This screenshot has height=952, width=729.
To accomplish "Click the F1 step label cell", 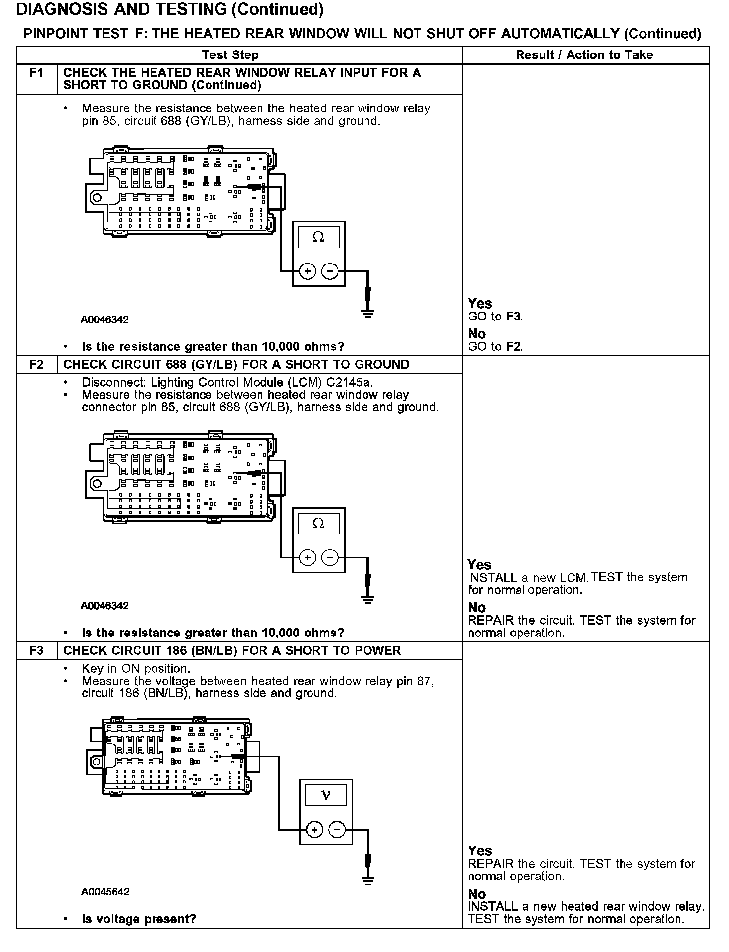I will [37, 73].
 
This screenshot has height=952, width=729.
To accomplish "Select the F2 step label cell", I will [37, 365].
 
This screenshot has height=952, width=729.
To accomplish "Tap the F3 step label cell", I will [37, 650].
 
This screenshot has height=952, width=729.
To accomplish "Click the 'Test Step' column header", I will [230, 55].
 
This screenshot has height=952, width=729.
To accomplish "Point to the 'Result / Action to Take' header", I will [584, 55].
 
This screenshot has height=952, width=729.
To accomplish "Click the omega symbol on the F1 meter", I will [318, 237].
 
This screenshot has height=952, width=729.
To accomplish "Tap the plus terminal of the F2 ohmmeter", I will [308, 557].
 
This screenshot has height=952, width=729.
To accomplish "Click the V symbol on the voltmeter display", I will [325, 796].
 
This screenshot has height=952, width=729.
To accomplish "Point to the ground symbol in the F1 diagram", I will [367, 313].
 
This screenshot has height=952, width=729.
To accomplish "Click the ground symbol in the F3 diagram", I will [367, 880].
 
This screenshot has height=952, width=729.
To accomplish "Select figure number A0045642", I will [105, 892].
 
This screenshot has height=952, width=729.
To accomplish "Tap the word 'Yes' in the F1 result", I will [480, 303].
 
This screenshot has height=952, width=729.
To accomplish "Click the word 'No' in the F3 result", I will [477, 894].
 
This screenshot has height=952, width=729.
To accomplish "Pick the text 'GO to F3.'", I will [495, 316].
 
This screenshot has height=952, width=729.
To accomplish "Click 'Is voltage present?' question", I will [139, 919].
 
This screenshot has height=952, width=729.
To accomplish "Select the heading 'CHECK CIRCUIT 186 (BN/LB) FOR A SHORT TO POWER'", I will [232, 650].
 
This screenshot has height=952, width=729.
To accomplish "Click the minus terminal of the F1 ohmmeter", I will [330, 271].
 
